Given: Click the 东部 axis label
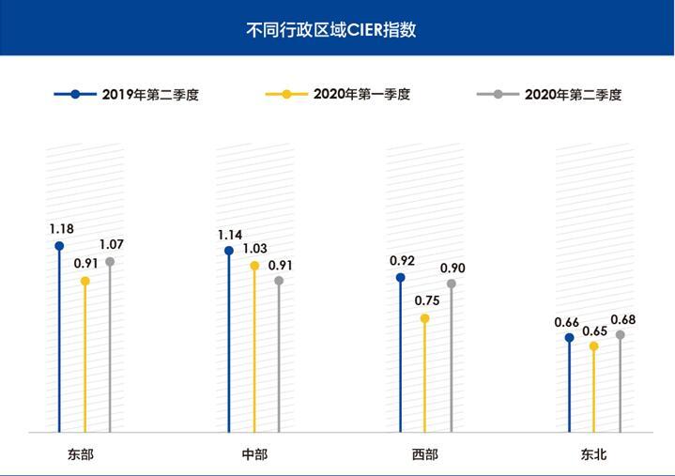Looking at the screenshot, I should pos(82,454).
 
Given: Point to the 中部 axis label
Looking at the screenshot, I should pos(254,454).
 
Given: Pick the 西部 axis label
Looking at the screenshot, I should pos(424,454).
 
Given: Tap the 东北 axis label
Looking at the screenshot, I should pos(593,454).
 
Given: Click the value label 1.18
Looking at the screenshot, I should pos(62,228).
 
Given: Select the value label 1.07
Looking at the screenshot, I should pos(112,244).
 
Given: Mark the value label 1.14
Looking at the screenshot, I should pos(230,234).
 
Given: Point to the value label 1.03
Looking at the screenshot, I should pos(254,249).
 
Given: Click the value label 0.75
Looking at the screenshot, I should pos(427,300).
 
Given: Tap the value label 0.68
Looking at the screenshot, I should pos(622,319).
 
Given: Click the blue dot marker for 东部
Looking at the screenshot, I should pos(59,246).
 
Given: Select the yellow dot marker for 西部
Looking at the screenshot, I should pos(424,318).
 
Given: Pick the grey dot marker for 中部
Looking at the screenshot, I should pos(279,281).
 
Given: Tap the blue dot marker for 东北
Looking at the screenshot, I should pos(569,338).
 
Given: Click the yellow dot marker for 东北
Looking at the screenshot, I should pos(593,345).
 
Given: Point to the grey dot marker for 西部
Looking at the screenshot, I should pos(451,284).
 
